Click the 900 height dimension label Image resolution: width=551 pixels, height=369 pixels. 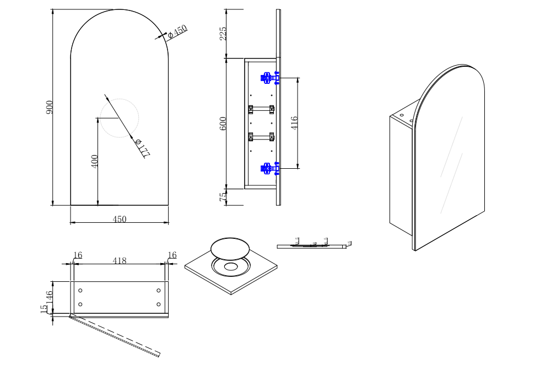tap(50, 107)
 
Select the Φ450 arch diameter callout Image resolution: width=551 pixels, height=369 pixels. tap(177, 31)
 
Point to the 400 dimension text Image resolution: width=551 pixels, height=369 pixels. tap(95, 162)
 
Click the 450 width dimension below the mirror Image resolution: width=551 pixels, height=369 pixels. tap(120, 219)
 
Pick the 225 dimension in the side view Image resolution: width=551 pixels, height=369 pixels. tap(223, 33)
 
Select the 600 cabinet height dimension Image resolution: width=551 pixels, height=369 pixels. tap(223, 123)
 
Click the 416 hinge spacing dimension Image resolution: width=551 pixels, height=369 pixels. tap(294, 122)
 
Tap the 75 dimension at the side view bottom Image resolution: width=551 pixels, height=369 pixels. tap(223, 197)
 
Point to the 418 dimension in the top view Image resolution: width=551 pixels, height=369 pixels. tap(120, 260)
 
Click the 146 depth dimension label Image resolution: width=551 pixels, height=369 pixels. tap(50, 298)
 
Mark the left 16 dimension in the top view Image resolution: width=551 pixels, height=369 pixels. tap(78, 255)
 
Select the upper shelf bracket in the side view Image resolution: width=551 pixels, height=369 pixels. tap(261, 109)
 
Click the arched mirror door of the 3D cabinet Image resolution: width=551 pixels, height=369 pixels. tap(452, 160)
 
